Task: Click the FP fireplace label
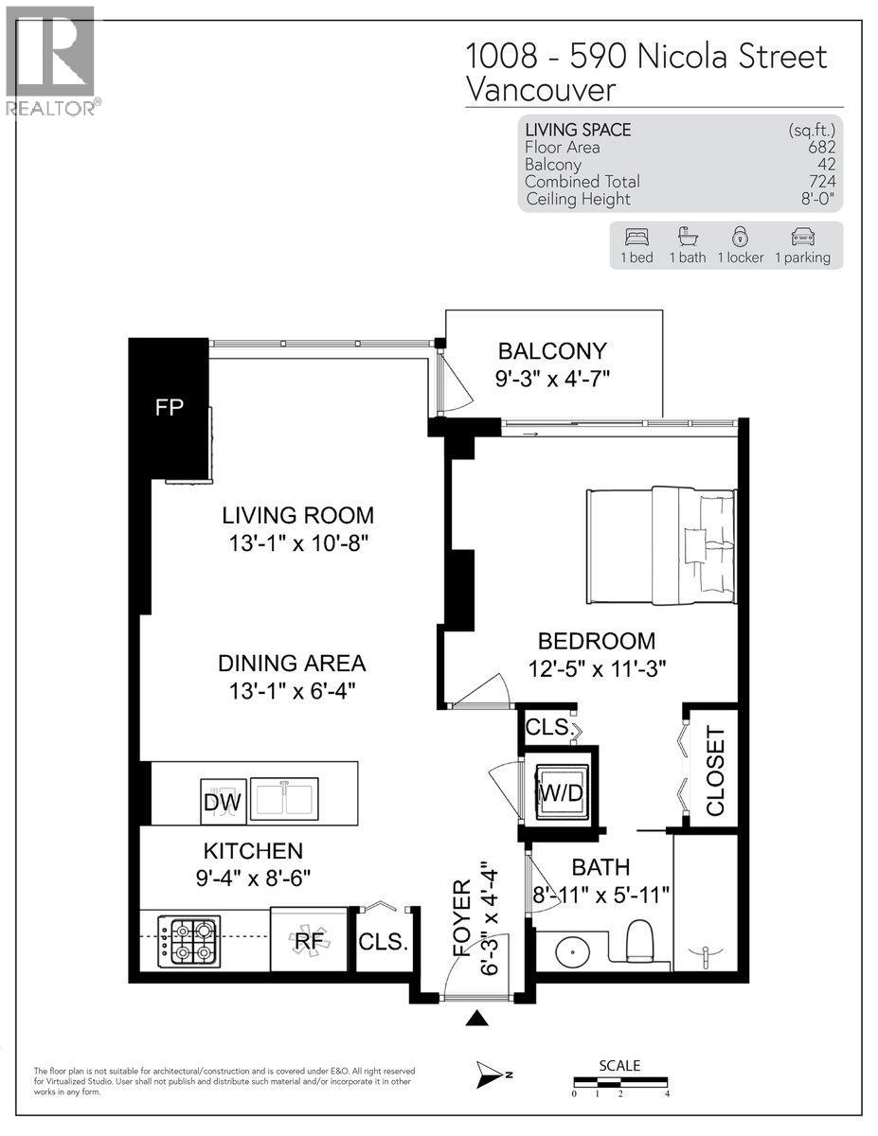point(170,408)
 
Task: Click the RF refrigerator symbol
point(305,940)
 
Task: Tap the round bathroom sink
point(573,949)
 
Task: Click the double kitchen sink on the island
point(284,798)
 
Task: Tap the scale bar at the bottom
point(620,1081)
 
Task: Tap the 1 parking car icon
point(801,237)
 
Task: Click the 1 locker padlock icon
point(740,237)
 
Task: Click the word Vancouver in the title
point(541,90)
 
